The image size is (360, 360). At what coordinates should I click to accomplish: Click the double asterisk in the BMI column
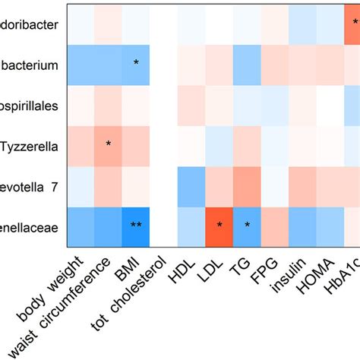(x=136, y=226)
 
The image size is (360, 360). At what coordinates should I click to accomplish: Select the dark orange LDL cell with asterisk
(x=219, y=226)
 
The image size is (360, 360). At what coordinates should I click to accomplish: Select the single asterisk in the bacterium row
(x=136, y=63)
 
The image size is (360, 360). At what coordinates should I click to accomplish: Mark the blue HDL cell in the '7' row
(x=191, y=185)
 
